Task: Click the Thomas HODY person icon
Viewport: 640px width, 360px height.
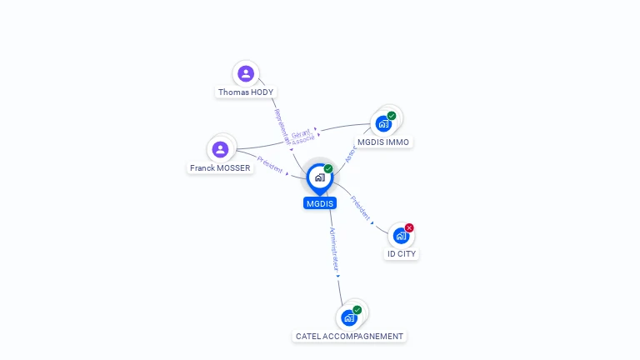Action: [246, 73]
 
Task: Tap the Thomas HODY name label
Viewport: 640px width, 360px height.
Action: [246, 92]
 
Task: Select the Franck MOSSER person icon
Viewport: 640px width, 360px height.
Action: [220, 149]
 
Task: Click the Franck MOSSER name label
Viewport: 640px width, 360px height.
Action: [220, 168]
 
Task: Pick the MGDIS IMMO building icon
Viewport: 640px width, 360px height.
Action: [383, 124]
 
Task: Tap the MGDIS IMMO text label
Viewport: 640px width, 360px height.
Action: [383, 142]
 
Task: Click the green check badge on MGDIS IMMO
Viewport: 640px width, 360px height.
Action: [392, 116]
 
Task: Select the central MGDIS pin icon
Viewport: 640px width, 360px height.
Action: [319, 177]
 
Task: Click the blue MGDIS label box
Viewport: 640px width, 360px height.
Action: [319, 203]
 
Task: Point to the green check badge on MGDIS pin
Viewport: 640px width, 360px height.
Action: [328, 169]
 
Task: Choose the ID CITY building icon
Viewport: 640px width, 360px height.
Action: [401, 236]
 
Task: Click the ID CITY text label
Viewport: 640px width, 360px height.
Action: [402, 254]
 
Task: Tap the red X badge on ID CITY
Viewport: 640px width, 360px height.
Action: [409, 227]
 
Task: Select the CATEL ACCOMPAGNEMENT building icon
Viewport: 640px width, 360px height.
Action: [349, 317]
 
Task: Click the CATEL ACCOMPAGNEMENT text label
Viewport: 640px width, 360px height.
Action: [350, 337]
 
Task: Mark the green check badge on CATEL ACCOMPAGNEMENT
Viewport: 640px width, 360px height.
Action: [357, 310]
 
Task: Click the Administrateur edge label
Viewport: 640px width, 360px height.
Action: [334, 250]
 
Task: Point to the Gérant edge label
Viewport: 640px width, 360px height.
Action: [301, 133]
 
